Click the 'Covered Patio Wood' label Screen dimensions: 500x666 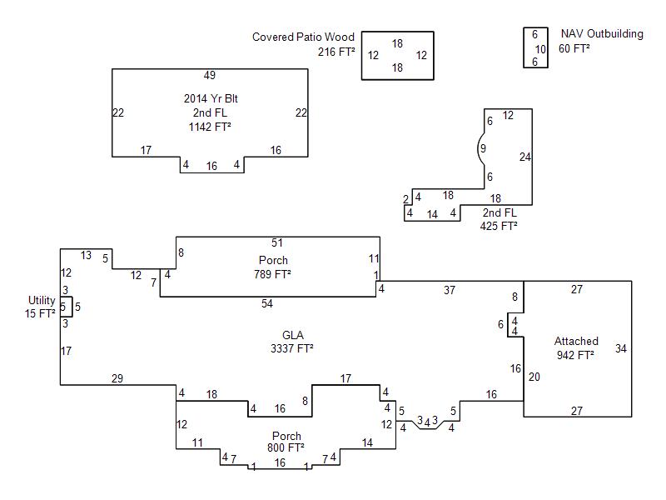pyautogui.click(x=303, y=37)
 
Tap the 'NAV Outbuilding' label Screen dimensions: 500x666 pyautogui.click(x=602, y=34)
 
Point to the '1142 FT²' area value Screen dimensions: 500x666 pyautogui.click(x=210, y=127)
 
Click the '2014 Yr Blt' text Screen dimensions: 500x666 pyautogui.click(x=210, y=98)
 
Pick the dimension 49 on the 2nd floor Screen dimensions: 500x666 pyautogui.click(x=210, y=76)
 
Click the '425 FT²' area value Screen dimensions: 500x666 pyautogui.click(x=499, y=226)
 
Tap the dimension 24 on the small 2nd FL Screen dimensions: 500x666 pyautogui.click(x=524, y=157)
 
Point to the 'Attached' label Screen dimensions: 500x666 pyautogui.click(x=576, y=341)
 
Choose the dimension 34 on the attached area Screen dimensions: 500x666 pyautogui.click(x=621, y=348)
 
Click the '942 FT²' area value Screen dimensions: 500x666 pyautogui.click(x=575, y=355)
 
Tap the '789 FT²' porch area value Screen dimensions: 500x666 pyautogui.click(x=272, y=274)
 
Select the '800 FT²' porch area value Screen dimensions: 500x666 pyautogui.click(x=286, y=449)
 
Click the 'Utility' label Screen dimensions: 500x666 pyautogui.click(x=42, y=300)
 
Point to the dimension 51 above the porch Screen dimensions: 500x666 pyautogui.click(x=277, y=243)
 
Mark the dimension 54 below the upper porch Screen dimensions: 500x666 pyautogui.click(x=267, y=303)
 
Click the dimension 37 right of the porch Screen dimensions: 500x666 pyautogui.click(x=450, y=290)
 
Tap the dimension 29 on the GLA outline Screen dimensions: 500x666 pyautogui.click(x=117, y=379)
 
